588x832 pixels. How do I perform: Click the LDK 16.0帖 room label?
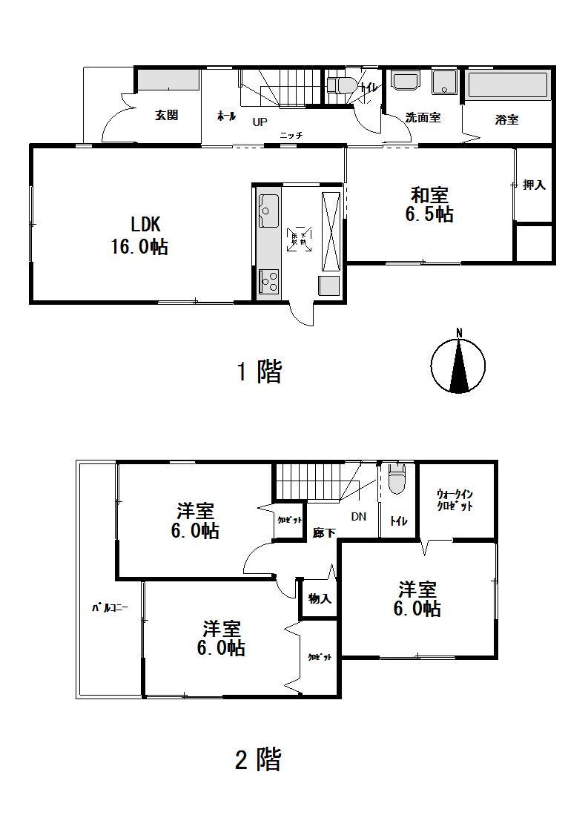click(139, 236)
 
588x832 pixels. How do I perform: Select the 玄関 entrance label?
click(166, 115)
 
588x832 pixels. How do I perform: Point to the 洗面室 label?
click(423, 118)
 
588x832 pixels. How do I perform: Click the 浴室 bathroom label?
click(506, 119)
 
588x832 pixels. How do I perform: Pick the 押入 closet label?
click(534, 185)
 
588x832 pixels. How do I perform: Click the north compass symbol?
click(459, 364)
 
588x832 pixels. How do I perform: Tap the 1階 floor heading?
click(259, 372)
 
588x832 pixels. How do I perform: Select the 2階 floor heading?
click(258, 759)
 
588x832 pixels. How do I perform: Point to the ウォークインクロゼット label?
click(455, 499)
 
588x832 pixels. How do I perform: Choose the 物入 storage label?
click(319, 598)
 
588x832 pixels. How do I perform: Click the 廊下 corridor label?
click(324, 532)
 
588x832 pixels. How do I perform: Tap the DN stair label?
click(358, 517)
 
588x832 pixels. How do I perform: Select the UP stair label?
click(260, 122)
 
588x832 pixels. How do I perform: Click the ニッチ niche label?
click(291, 135)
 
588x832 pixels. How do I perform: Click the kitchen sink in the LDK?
click(268, 211)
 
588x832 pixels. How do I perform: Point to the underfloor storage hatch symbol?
click(299, 237)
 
